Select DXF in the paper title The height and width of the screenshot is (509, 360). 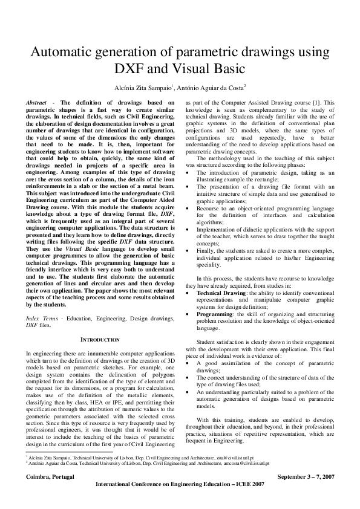click(x=131, y=68)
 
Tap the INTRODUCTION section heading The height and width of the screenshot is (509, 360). click(x=100, y=340)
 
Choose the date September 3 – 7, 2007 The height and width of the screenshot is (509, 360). click(x=310, y=477)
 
